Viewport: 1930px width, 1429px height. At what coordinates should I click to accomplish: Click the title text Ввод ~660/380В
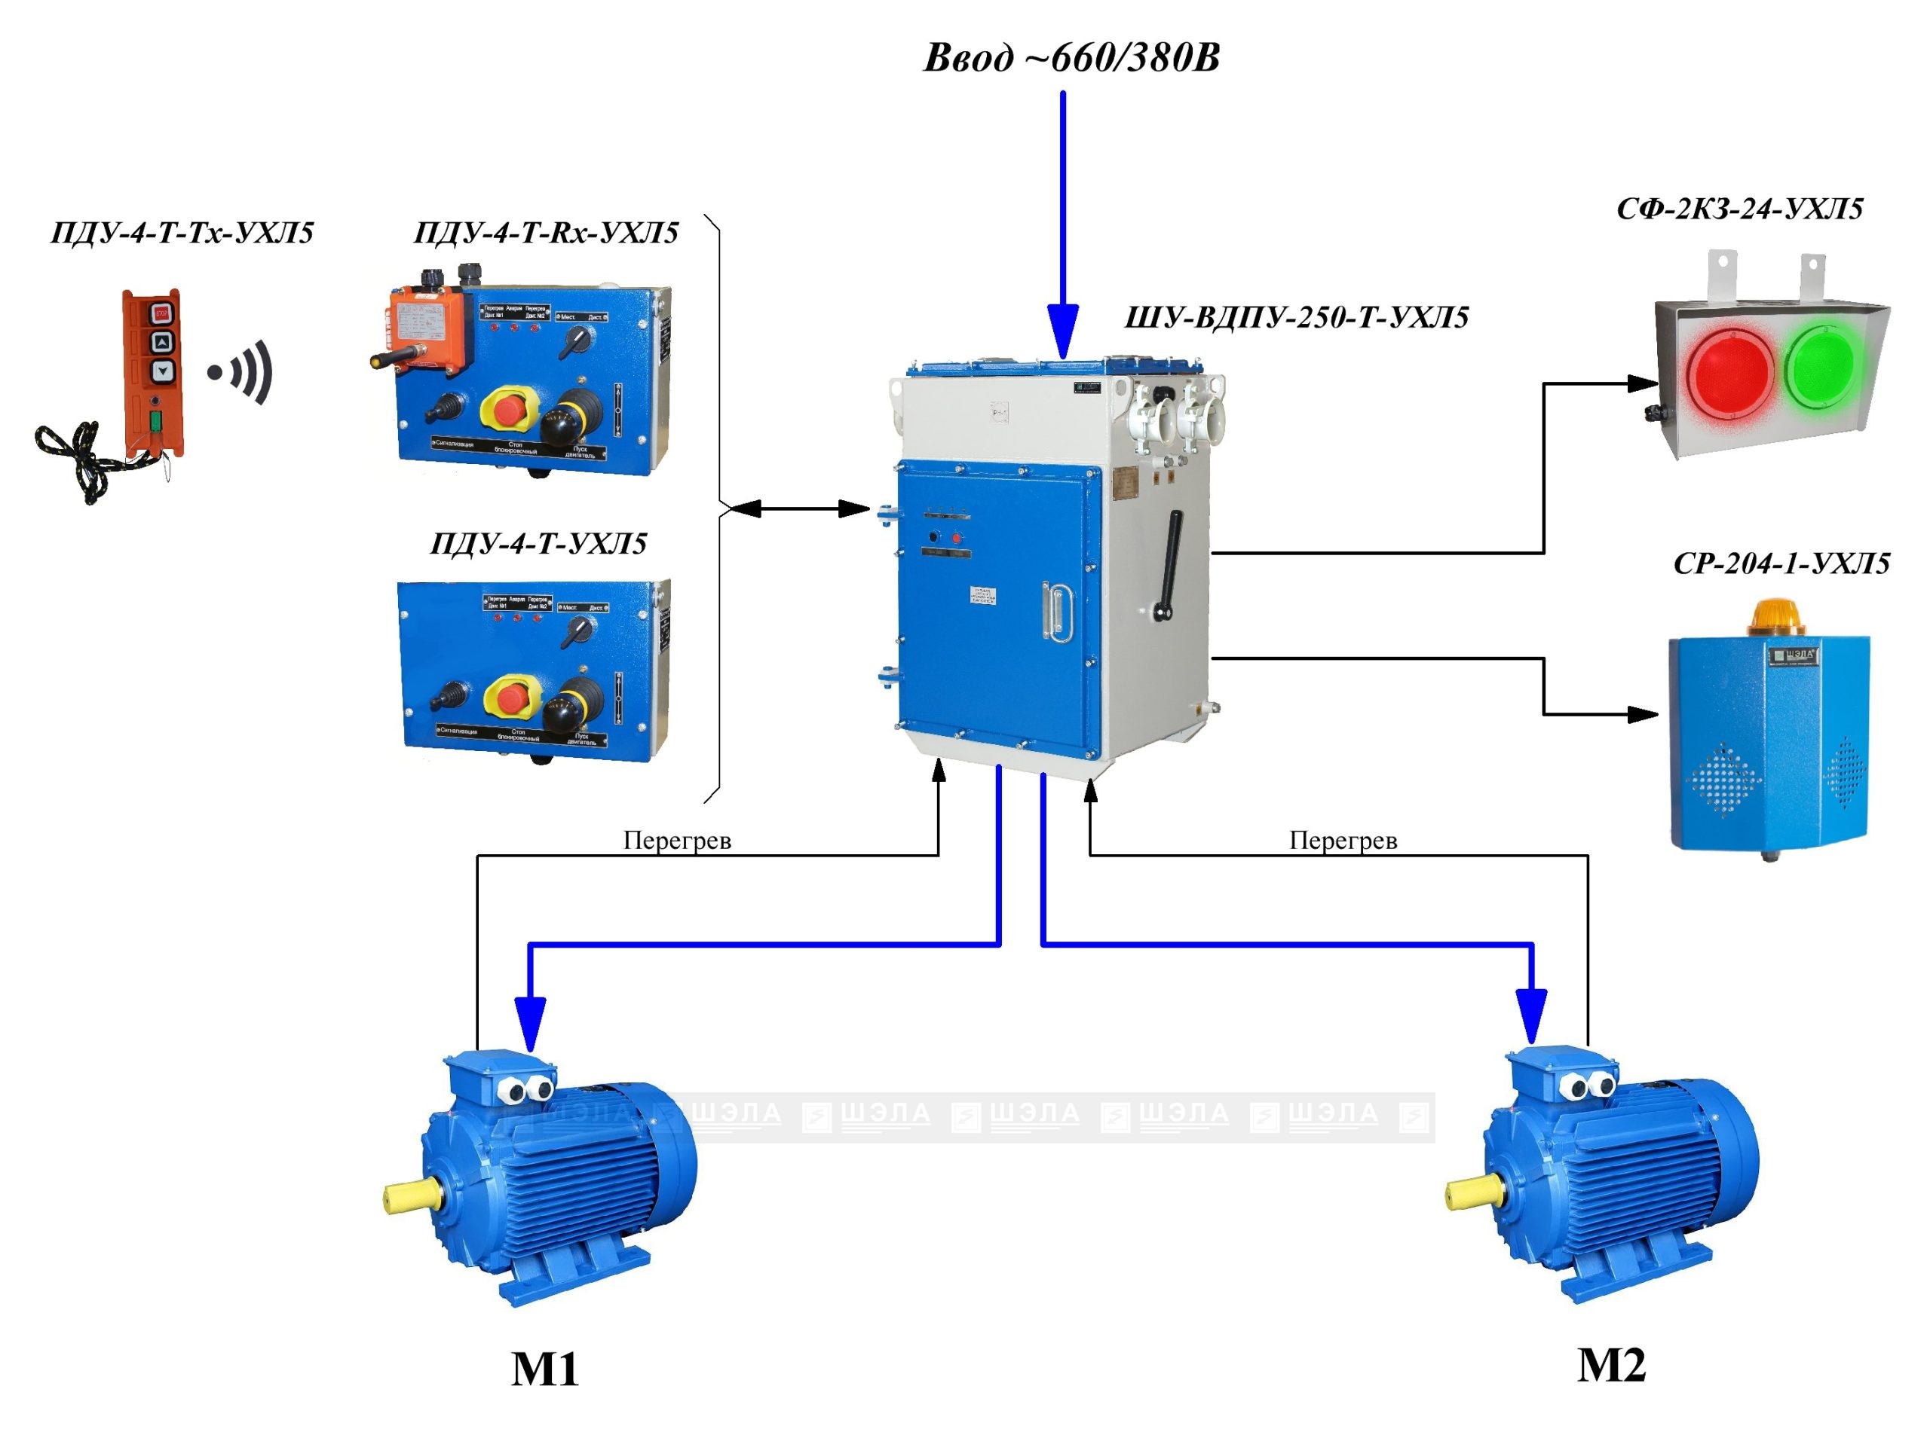(x=1071, y=58)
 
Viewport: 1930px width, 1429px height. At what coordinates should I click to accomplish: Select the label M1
(x=544, y=1369)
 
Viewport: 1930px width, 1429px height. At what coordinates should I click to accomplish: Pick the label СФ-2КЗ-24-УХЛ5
(x=1739, y=209)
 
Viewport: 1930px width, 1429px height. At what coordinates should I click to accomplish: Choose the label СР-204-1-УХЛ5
(x=1780, y=564)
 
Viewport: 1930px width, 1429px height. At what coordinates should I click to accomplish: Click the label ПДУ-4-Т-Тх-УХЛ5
(x=182, y=234)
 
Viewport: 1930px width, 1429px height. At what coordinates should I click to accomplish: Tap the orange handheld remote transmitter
(x=153, y=372)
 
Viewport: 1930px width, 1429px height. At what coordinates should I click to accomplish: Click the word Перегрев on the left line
(x=677, y=840)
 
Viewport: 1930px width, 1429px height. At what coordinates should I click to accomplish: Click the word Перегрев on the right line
(x=1343, y=840)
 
